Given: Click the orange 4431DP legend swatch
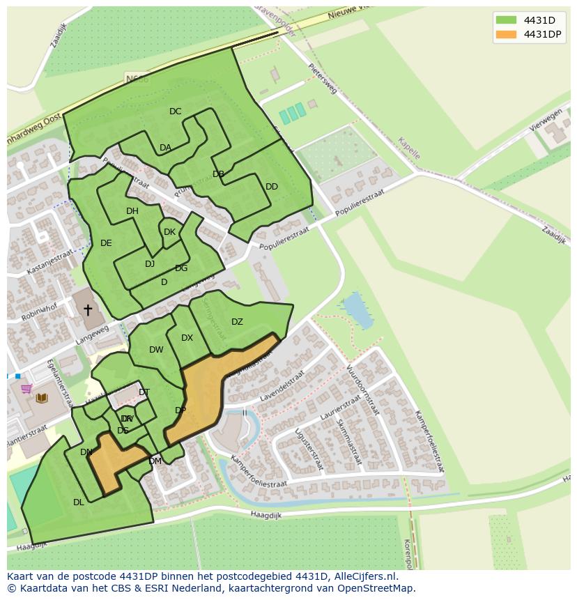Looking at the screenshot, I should [x=507, y=34].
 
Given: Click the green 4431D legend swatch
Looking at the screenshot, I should [x=507, y=20].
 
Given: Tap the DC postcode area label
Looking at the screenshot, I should [x=175, y=111].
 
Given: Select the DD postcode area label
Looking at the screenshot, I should [x=272, y=187].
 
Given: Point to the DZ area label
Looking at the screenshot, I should [x=237, y=322].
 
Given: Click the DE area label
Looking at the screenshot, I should [x=106, y=243].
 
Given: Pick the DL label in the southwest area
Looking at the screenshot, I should [x=79, y=502].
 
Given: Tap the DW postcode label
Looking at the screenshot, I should [x=156, y=350].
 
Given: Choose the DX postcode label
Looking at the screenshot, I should [x=187, y=338].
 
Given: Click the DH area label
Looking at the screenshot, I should [x=132, y=211].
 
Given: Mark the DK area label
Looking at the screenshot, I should [x=169, y=232].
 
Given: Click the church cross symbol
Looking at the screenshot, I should [x=88, y=310].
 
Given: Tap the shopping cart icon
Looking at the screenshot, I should [x=26, y=389].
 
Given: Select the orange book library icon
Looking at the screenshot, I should [x=42, y=398].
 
